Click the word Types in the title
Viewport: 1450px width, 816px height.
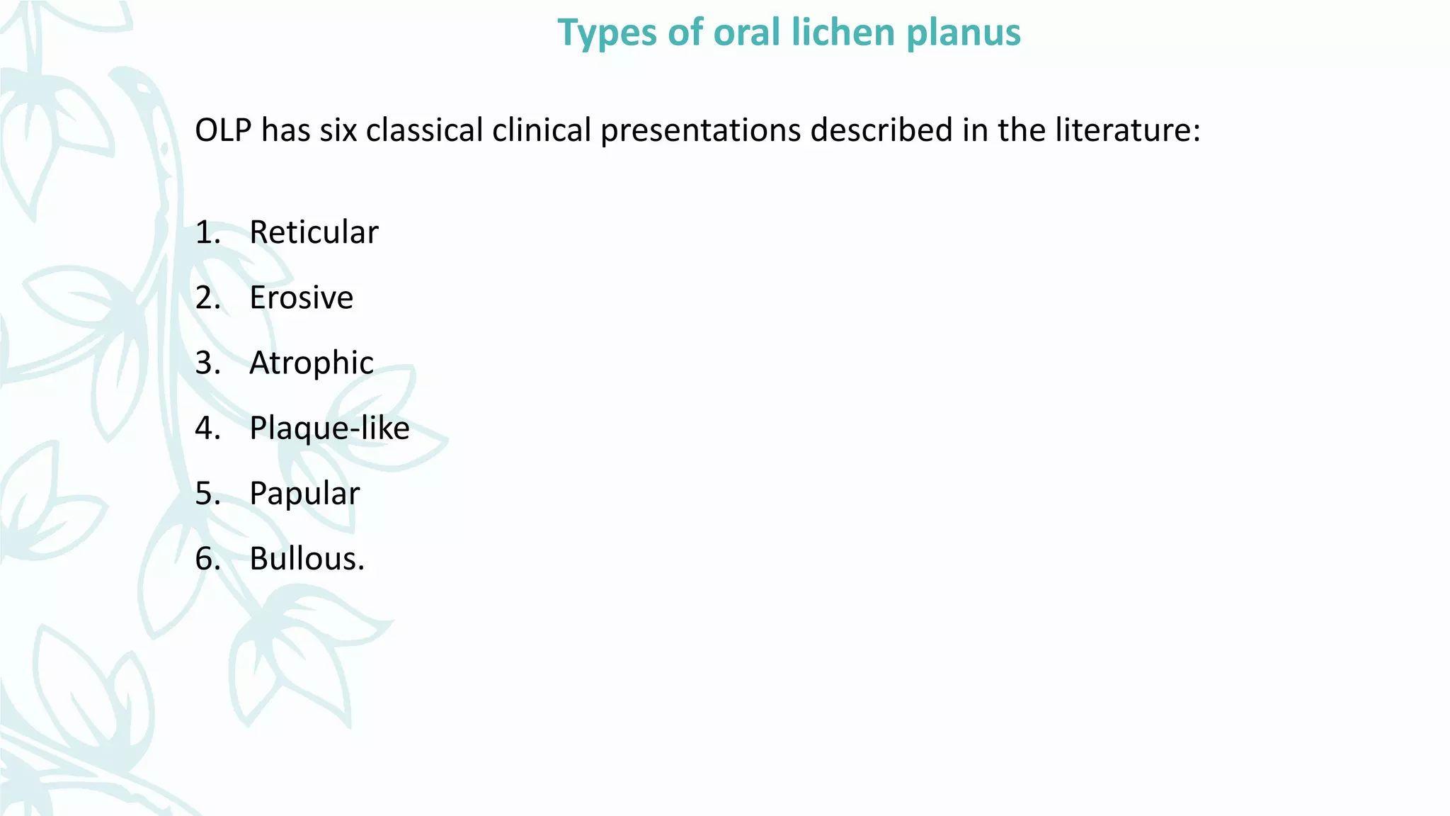pyautogui.click(x=605, y=33)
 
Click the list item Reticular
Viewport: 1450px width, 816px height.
pyautogui.click(x=314, y=232)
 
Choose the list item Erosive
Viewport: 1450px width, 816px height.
pyautogui.click(x=301, y=297)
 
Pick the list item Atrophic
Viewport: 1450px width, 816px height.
pyautogui.click(x=311, y=363)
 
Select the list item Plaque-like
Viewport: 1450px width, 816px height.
pyautogui.click(x=329, y=429)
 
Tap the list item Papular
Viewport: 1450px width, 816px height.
pyautogui.click(x=304, y=494)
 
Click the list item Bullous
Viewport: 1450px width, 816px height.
pyautogui.click(x=307, y=559)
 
